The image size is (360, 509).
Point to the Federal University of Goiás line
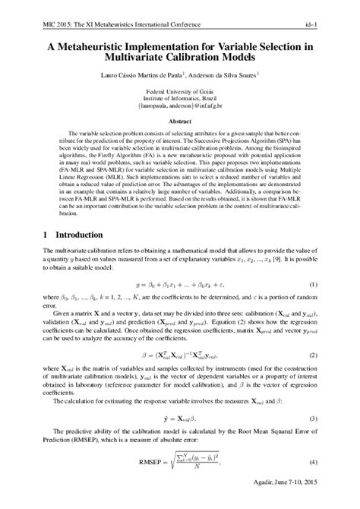[179, 89]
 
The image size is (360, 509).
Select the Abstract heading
[179, 121]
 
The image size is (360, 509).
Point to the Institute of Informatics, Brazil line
[179, 96]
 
